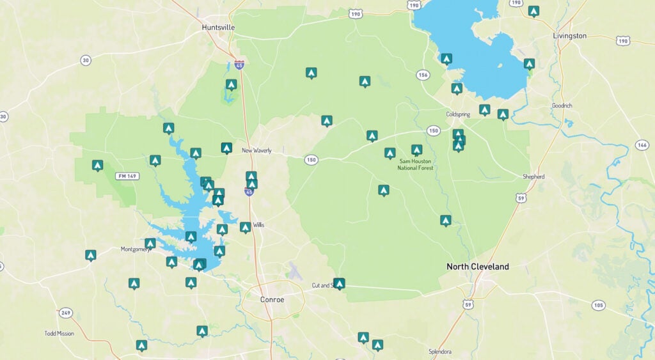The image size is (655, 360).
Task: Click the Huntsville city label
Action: tap(218, 27)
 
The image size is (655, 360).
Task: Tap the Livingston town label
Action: tap(569, 36)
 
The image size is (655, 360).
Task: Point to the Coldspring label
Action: tap(458, 114)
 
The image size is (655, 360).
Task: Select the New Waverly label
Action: tap(256, 151)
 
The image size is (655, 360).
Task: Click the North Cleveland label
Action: tap(477, 267)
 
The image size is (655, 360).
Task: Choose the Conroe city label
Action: tap(272, 299)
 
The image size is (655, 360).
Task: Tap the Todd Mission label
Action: tap(59, 333)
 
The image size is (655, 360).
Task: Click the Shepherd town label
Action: tap(533, 176)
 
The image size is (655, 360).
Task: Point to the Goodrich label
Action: tap(562, 106)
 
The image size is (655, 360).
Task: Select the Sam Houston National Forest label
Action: tap(416, 164)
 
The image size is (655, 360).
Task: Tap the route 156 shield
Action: tap(422, 75)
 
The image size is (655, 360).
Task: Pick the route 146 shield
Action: tap(642, 145)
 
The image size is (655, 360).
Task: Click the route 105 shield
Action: tap(597, 305)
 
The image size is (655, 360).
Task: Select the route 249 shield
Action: tap(65, 313)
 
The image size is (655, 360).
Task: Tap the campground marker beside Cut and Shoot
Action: tap(339, 283)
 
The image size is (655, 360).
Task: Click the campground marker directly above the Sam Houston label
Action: tap(416, 150)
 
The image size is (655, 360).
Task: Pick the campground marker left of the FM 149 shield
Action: tap(97, 165)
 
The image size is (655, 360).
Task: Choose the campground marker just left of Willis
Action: tap(245, 227)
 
